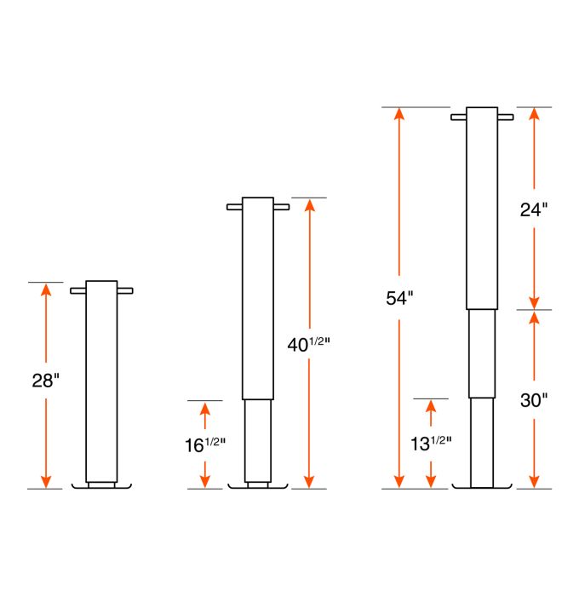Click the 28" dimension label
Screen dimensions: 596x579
(45, 381)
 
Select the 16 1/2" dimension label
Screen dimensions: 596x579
(204, 443)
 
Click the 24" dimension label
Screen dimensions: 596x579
(533, 209)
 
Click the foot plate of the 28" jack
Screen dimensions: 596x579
(102, 486)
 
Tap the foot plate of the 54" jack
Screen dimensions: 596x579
(482, 487)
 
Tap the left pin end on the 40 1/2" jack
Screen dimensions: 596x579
(234, 207)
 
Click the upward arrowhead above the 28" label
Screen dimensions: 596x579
(46, 289)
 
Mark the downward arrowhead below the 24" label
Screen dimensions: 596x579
(533, 302)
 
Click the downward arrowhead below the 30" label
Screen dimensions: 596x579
(533, 482)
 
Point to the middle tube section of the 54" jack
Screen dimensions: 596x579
(482, 352)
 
